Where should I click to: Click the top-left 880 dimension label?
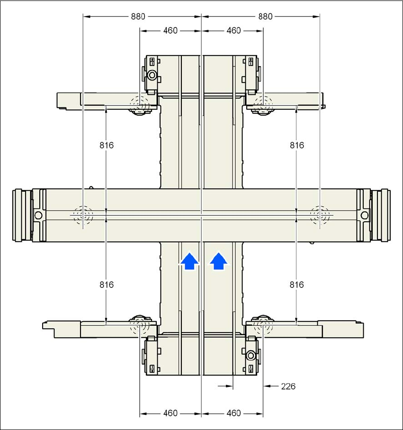(138, 17)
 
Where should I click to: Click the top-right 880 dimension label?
(265, 17)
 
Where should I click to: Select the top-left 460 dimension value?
(170, 30)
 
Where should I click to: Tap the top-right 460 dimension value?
(233, 30)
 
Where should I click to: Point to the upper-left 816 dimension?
(107, 145)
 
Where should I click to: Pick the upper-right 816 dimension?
(297, 145)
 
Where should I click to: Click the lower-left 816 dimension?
(107, 285)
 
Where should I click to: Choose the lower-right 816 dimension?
(296, 285)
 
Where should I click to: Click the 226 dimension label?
(288, 386)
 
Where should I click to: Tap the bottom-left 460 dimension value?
(170, 413)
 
